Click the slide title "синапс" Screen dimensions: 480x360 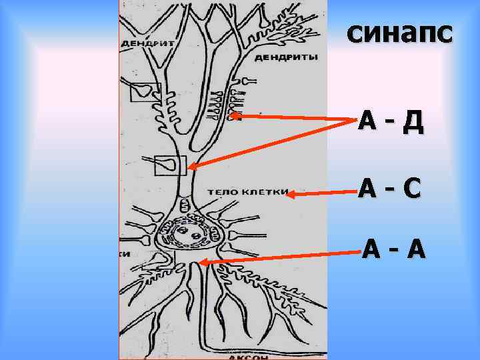399,32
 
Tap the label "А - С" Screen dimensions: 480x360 389,189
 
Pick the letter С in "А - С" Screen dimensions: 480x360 411,189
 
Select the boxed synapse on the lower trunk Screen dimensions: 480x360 170,164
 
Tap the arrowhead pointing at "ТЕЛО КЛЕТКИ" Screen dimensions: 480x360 289,195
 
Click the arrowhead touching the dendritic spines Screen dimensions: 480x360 235,116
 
